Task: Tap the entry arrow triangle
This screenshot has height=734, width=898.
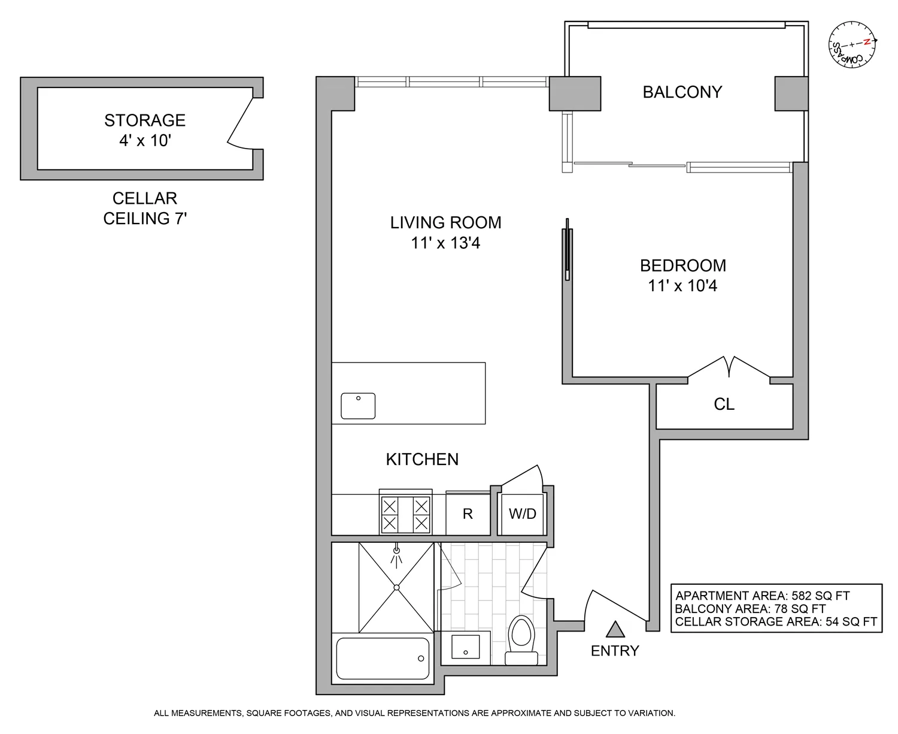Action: click(x=615, y=630)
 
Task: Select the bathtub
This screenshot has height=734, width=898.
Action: click(x=383, y=658)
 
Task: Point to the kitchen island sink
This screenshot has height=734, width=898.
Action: click(x=358, y=406)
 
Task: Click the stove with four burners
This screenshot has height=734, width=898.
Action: click(x=405, y=514)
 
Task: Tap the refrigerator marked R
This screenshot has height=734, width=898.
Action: click(x=468, y=514)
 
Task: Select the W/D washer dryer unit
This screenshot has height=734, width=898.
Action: click(x=522, y=514)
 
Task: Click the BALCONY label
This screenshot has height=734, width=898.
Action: click(x=682, y=92)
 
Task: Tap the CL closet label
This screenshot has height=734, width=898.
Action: click(x=724, y=404)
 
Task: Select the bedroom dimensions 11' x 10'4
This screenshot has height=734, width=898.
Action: click(x=682, y=286)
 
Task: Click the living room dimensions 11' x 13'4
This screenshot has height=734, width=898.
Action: click(x=445, y=243)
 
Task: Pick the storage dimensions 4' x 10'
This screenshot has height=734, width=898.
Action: click(x=145, y=141)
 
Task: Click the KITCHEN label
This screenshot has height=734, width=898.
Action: click(x=422, y=460)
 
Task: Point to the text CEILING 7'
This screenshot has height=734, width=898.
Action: click(x=145, y=219)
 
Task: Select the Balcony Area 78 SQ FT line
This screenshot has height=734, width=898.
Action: click(x=750, y=609)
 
